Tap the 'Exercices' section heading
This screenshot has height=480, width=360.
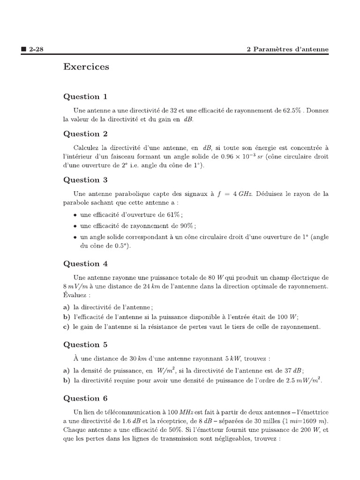click(x=86, y=67)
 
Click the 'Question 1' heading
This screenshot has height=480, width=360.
click(x=85, y=97)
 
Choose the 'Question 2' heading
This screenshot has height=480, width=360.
click(x=85, y=134)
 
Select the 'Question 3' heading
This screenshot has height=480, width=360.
click(x=85, y=180)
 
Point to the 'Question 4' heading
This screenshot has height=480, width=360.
click(x=85, y=263)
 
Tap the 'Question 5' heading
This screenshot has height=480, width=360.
click(x=85, y=345)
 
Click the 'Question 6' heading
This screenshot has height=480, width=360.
click(x=85, y=398)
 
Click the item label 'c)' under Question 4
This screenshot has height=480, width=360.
click(x=67, y=327)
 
